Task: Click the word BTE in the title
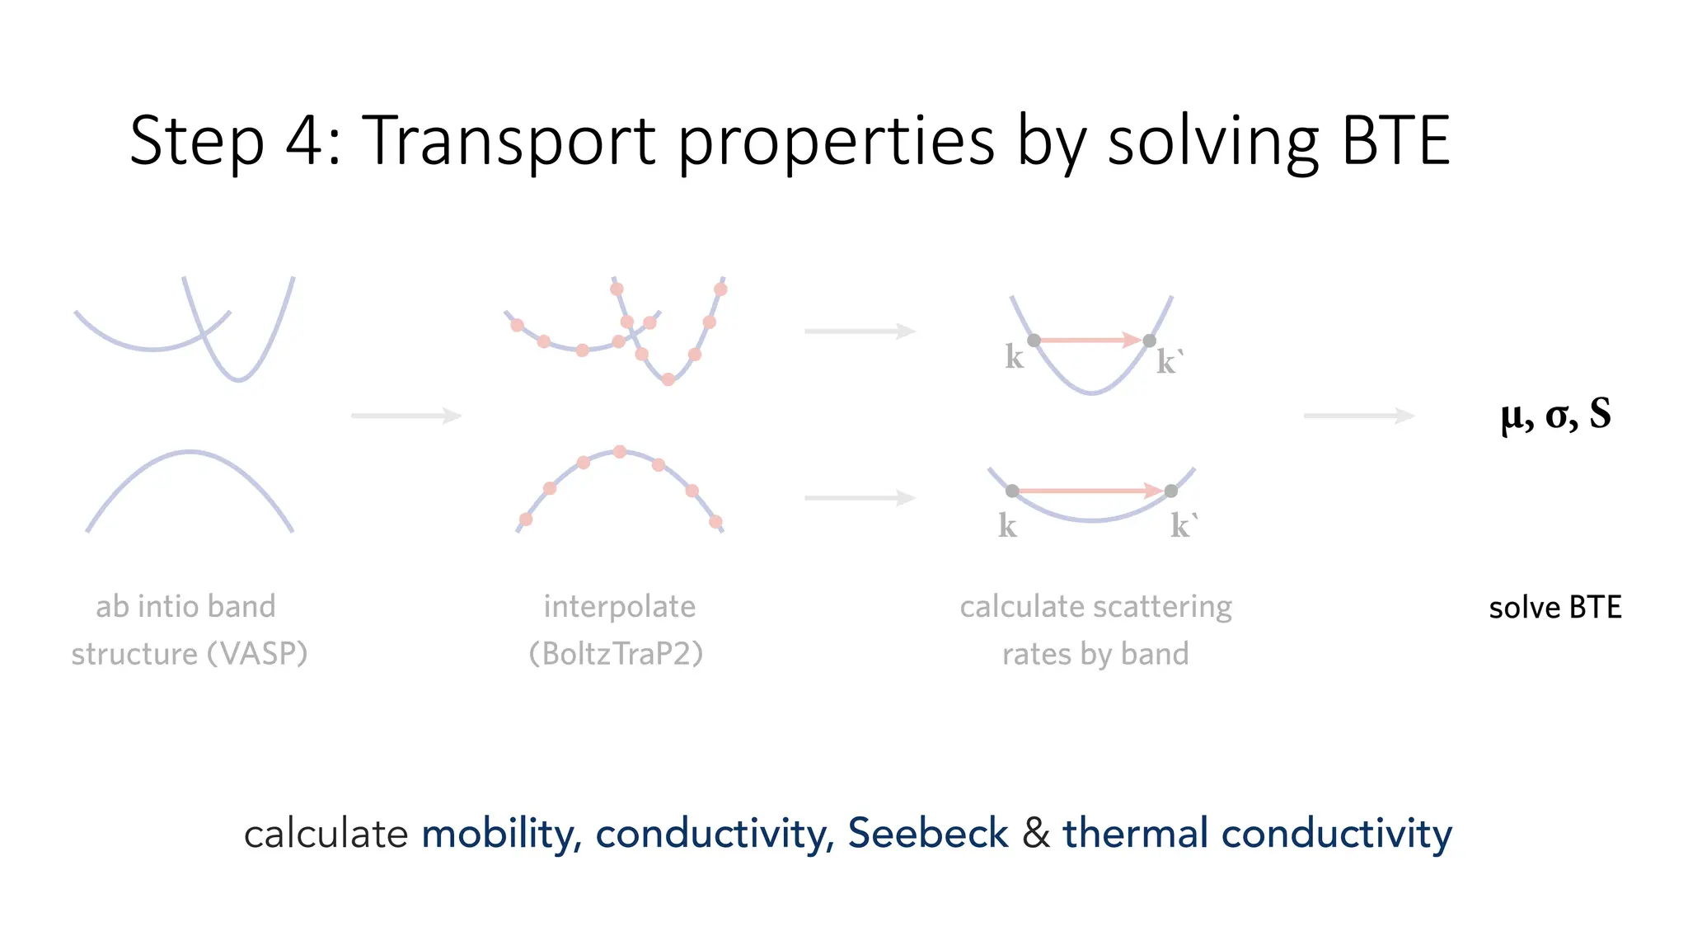(1395, 141)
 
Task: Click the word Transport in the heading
(509, 141)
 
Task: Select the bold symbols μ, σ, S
(1555, 415)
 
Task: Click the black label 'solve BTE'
(1554, 608)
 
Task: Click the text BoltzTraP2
(616, 654)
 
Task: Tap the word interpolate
(619, 607)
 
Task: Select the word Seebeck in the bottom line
(927, 833)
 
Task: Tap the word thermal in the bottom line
(1135, 833)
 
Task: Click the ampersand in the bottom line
(1035, 833)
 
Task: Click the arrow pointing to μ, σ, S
(1358, 416)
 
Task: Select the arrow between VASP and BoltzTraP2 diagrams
(406, 416)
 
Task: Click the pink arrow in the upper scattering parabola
(1090, 340)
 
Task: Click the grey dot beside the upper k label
(1034, 340)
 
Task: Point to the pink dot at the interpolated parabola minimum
(668, 379)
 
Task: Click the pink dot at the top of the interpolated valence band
(620, 451)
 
